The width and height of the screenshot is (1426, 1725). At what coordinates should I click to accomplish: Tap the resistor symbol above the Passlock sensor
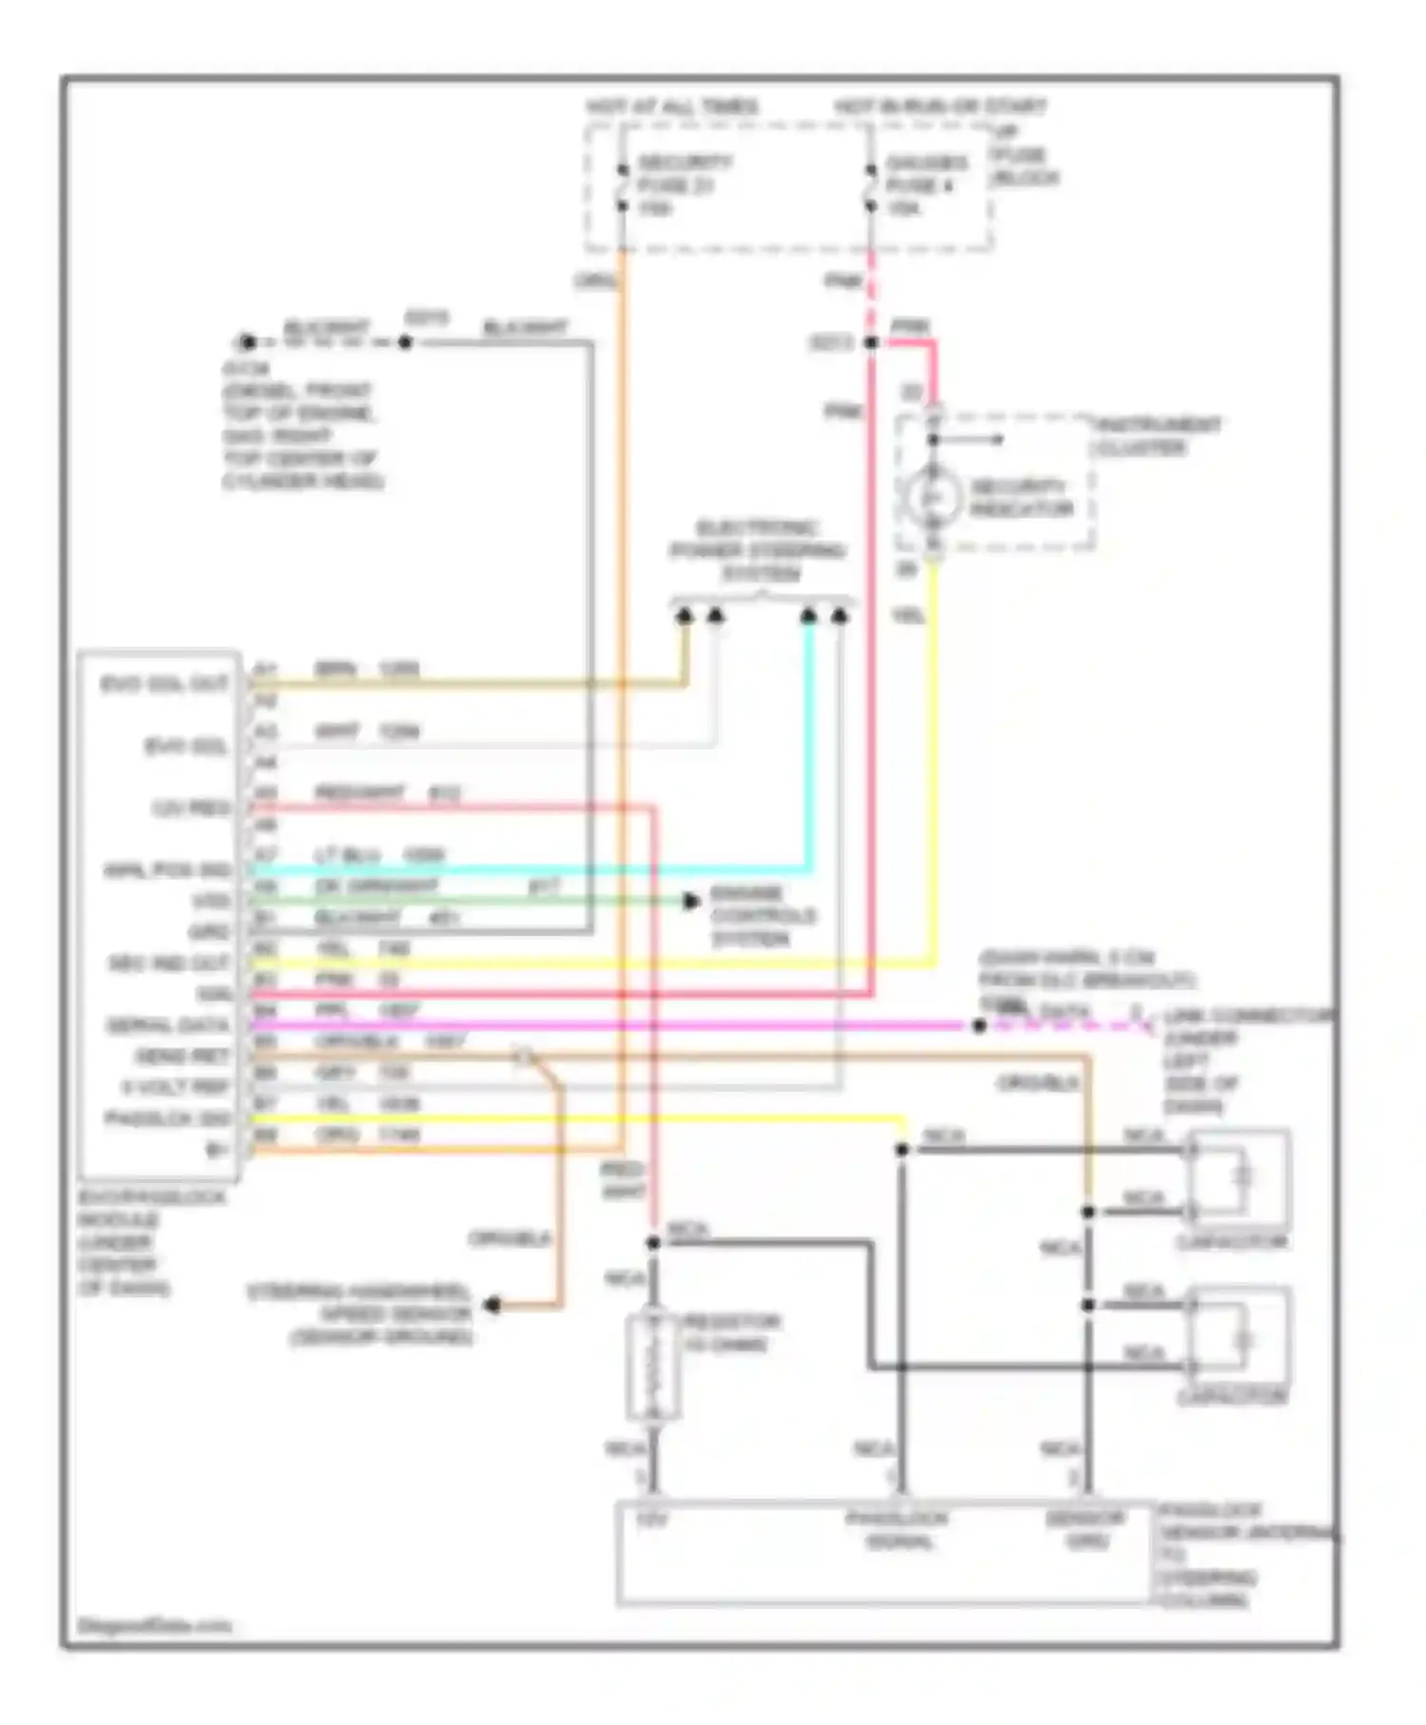[x=653, y=1366]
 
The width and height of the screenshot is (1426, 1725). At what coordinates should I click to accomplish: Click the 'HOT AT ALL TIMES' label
[x=672, y=107]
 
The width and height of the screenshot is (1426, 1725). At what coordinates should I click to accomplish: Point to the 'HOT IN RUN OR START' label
[x=939, y=107]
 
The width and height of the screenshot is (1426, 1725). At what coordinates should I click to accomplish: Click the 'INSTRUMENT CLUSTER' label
[x=1158, y=436]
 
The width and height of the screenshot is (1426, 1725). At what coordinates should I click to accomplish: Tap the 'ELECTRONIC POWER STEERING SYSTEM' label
[x=758, y=551]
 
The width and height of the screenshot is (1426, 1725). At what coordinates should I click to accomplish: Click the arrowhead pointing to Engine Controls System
[x=692, y=901]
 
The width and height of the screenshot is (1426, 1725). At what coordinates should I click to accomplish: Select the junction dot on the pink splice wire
[x=871, y=341]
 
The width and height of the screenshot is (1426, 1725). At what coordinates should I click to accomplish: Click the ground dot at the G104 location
[x=247, y=341]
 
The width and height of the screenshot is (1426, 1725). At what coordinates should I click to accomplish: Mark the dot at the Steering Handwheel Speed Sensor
[x=492, y=1305]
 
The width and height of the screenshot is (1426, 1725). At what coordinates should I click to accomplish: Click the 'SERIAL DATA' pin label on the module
[x=168, y=1025]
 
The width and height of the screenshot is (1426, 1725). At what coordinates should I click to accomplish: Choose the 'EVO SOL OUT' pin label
[x=164, y=684]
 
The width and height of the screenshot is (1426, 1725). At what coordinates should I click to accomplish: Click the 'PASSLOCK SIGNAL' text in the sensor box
[x=896, y=1529]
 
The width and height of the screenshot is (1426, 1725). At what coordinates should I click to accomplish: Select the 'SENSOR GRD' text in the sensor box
[x=1086, y=1529]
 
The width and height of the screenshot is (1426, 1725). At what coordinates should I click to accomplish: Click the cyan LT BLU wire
[x=532, y=869]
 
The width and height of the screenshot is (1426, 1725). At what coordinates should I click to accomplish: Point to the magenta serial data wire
[x=608, y=1025]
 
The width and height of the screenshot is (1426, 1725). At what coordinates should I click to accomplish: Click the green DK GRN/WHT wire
[x=475, y=901]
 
